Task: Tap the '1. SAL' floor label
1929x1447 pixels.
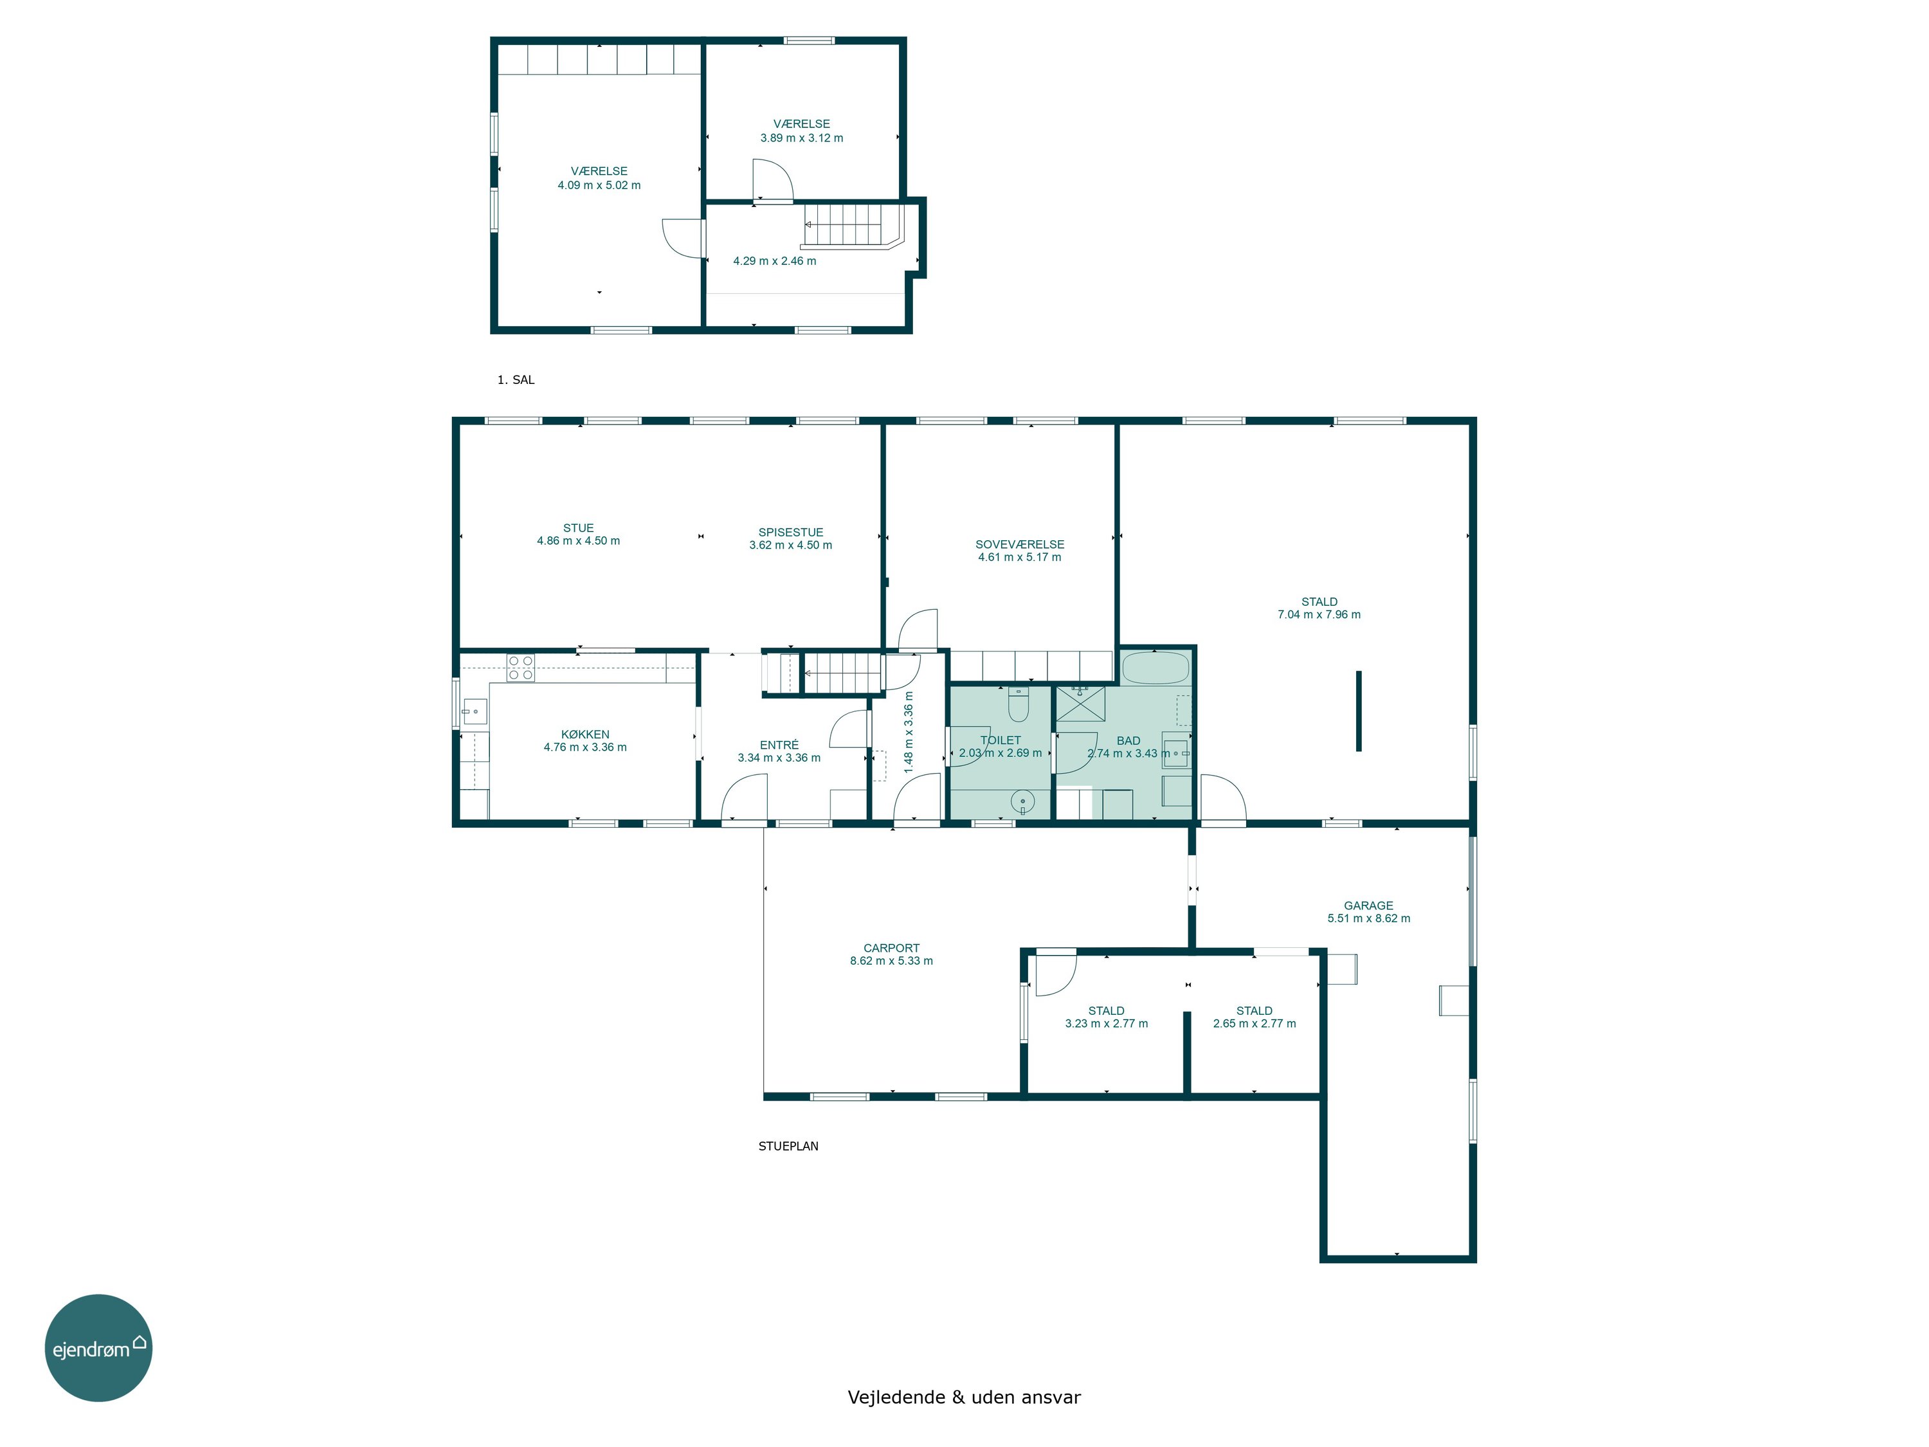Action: pyautogui.click(x=516, y=379)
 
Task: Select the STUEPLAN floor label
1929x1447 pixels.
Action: pyautogui.click(x=788, y=1146)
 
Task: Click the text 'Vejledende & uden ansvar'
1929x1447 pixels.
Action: pyautogui.click(x=964, y=1397)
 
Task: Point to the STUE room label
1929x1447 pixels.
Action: pyautogui.click(x=578, y=528)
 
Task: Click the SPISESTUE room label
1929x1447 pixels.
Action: pyautogui.click(x=791, y=532)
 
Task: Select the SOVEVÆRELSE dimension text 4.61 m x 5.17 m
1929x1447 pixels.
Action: pyautogui.click(x=1019, y=558)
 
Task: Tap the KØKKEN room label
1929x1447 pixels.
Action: pyautogui.click(x=585, y=734)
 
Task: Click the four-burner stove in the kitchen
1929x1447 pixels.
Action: pyautogui.click(x=521, y=668)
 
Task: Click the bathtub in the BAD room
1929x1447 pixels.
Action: pyautogui.click(x=1155, y=669)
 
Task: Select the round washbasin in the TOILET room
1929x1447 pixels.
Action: pyautogui.click(x=1022, y=801)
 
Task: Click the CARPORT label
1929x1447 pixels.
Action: pyautogui.click(x=891, y=948)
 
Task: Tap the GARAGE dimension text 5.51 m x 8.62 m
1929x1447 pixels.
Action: pyautogui.click(x=1368, y=918)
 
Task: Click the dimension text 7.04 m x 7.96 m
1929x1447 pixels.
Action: pyautogui.click(x=1319, y=615)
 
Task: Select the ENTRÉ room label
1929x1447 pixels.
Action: pyautogui.click(x=779, y=745)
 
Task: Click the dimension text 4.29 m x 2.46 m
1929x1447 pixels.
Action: pyautogui.click(x=774, y=261)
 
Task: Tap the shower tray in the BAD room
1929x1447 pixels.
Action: pyautogui.click(x=1080, y=704)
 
